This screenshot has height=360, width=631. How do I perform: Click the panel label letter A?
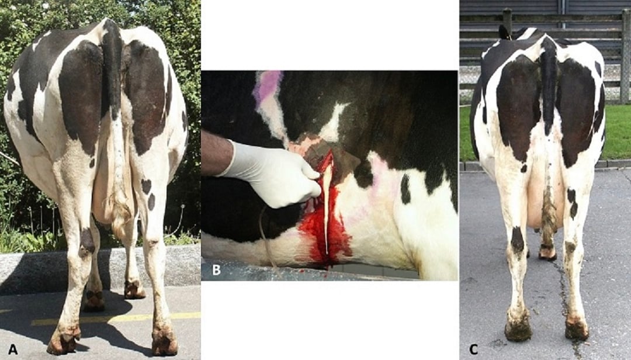pos(9,349)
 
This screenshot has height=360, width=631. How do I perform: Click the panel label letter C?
pos(474,349)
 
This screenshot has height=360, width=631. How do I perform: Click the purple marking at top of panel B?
pos(267,88)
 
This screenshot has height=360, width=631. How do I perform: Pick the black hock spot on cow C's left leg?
pos(517,240)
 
